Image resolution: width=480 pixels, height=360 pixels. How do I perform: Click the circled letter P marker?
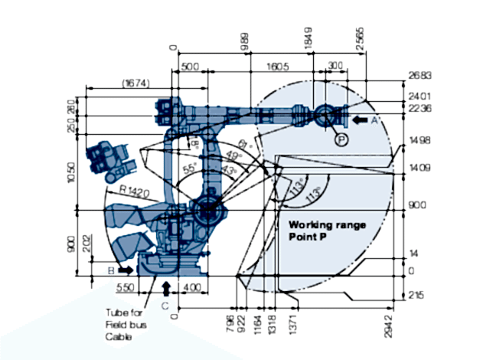(x=341, y=139)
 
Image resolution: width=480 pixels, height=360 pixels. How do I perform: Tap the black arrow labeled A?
(x=360, y=119)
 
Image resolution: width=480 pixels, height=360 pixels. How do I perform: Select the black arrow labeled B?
(x=124, y=270)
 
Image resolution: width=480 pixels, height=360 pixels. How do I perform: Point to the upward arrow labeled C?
(x=168, y=287)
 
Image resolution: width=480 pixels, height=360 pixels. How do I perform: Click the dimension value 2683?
(x=418, y=76)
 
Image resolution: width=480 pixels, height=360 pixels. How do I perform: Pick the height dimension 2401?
(x=418, y=97)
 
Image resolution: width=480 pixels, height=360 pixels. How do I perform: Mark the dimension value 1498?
(x=418, y=141)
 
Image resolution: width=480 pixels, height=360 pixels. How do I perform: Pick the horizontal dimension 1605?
(x=278, y=67)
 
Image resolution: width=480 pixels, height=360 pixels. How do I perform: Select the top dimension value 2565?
(x=360, y=37)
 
